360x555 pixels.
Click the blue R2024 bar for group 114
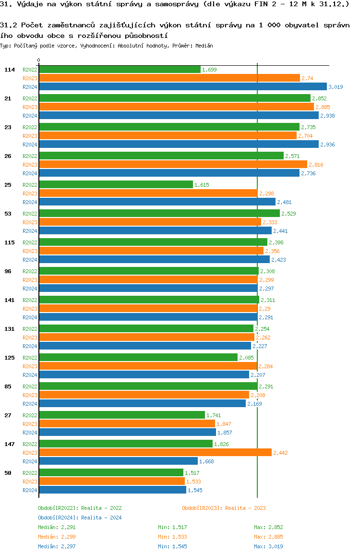click(x=182, y=87)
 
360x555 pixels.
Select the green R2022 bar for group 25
click(x=116, y=185)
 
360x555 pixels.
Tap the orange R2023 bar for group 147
click(x=155, y=453)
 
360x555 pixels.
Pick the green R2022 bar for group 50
click(x=111, y=473)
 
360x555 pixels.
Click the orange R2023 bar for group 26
click(x=173, y=165)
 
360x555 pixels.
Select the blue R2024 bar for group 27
click(x=127, y=433)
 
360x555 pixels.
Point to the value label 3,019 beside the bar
click(x=336, y=87)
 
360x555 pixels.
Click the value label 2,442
click(x=280, y=453)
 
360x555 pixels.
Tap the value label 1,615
click(x=202, y=185)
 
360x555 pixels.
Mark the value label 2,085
click(x=247, y=358)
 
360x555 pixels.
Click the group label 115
click(x=10, y=242)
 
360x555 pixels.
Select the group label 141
click(x=10, y=300)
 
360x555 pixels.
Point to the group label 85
click(x=8, y=386)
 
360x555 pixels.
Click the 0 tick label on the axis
click(x=39, y=60)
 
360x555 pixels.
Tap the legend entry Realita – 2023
click(x=224, y=508)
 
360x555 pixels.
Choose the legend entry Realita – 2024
click(x=80, y=518)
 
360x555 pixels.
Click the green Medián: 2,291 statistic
click(x=57, y=527)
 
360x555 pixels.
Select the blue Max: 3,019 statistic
click(x=268, y=546)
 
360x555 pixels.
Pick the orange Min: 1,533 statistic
click(x=172, y=537)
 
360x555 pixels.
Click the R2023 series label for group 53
click(x=30, y=222)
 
